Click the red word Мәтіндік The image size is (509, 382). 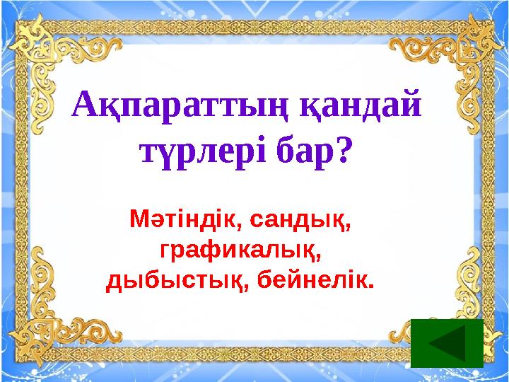pos(183,220)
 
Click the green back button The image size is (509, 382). pos(446,343)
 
